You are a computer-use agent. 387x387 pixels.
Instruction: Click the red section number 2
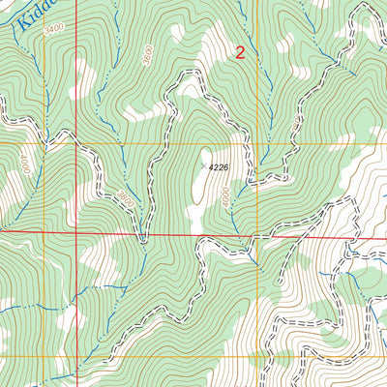(240, 54)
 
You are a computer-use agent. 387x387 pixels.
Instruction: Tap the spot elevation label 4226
(222, 166)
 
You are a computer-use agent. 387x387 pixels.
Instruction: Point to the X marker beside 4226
(203, 166)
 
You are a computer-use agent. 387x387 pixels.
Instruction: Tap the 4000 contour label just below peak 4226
(224, 196)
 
